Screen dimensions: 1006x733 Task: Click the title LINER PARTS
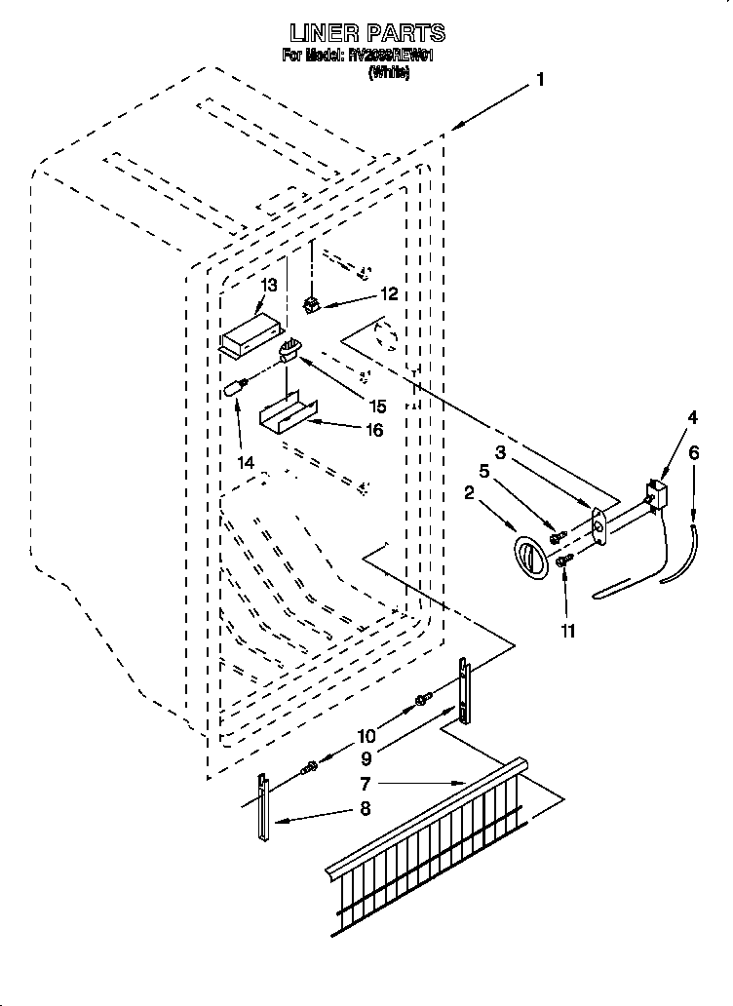pyautogui.click(x=366, y=33)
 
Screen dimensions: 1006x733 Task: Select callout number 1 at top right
pyautogui.click(x=539, y=82)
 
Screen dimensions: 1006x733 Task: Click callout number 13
pyautogui.click(x=268, y=286)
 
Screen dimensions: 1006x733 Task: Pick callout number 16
pyautogui.click(x=373, y=429)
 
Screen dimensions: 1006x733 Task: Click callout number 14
pyautogui.click(x=248, y=463)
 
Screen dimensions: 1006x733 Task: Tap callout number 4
pyautogui.click(x=691, y=418)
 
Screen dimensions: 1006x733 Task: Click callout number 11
pyautogui.click(x=567, y=631)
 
